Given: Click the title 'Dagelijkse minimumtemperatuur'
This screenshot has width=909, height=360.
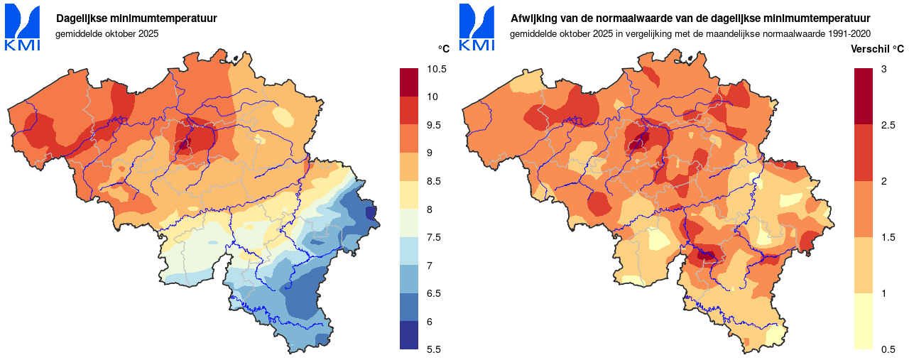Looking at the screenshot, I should tap(137, 18).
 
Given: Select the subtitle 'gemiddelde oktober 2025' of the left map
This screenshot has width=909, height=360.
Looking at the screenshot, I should tap(107, 33).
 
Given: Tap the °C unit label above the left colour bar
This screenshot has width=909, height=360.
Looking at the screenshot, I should tap(444, 49).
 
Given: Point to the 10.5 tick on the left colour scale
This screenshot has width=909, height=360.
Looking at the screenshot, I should tap(437, 69).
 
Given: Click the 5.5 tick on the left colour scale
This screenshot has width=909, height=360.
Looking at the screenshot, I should tap(434, 349).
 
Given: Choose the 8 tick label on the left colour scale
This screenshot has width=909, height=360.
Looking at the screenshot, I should tap(430, 209).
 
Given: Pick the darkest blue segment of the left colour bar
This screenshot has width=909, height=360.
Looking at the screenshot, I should tap(410, 335).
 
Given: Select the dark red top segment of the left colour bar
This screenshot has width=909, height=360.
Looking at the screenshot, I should tap(410, 82).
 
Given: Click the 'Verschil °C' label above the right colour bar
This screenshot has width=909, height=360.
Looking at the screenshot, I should tap(877, 49).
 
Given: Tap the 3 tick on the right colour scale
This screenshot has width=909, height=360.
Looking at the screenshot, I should tap(883, 69).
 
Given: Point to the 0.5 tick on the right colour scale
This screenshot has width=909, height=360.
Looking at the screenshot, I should tap(887, 349).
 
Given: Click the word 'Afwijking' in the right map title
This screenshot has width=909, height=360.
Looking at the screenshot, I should tap(532, 18).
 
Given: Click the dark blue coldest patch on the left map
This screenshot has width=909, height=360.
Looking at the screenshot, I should tap(370, 212).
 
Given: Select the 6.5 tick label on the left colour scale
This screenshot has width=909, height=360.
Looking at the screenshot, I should tap(434, 293).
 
